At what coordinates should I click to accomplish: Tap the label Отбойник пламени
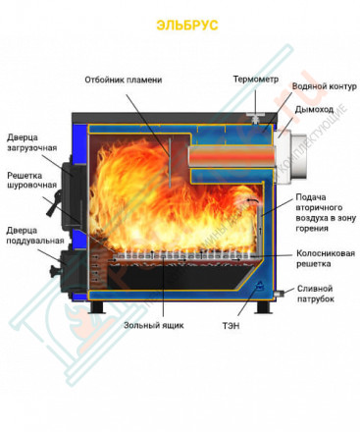[123, 80]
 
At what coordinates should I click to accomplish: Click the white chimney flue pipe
[291, 154]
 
